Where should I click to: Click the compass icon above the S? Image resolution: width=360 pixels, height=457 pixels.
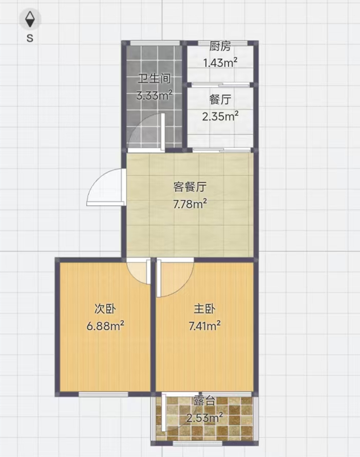pos(30,20)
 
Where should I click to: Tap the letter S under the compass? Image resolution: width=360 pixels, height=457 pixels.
pos(30,38)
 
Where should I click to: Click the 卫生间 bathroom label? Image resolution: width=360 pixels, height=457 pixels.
pos(154,79)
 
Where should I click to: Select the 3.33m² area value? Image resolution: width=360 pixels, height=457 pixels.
pos(155,95)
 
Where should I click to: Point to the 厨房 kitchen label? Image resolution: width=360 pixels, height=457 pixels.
pos(220,46)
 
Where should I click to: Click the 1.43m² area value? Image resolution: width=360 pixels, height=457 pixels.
pos(220,62)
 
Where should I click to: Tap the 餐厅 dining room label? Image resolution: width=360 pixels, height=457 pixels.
pos(220,100)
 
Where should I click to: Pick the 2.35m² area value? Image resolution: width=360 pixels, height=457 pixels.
pos(220,116)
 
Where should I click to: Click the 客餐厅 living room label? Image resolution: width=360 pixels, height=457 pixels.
pos(190,187)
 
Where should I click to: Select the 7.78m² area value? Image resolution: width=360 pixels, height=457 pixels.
pos(190,204)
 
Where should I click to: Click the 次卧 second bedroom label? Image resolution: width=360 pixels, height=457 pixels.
pos(105,309)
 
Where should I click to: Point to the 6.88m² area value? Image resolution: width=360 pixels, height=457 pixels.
pos(105,325)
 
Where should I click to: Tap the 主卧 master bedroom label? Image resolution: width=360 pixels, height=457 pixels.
pos(204,309)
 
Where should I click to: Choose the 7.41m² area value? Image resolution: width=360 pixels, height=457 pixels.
pos(204,325)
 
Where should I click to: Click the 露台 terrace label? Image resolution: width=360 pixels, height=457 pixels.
pos(204,401)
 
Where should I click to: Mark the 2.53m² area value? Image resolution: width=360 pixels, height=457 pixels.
pos(204,417)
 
